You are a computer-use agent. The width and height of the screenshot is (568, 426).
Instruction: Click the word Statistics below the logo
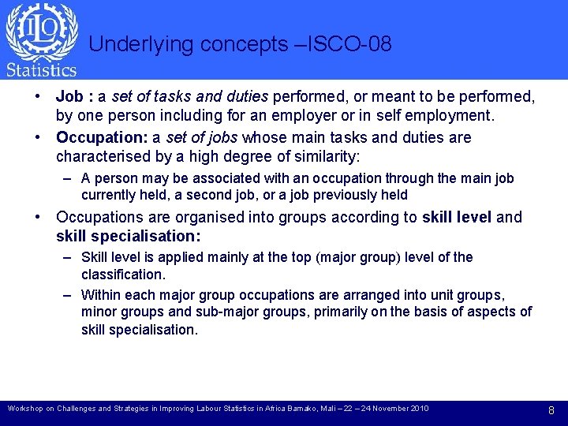(x=42, y=69)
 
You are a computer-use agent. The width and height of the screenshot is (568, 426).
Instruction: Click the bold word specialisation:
(x=147, y=236)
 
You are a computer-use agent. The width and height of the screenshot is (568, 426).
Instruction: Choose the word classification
(x=123, y=275)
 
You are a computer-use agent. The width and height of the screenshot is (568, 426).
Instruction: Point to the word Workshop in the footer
(x=28, y=409)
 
